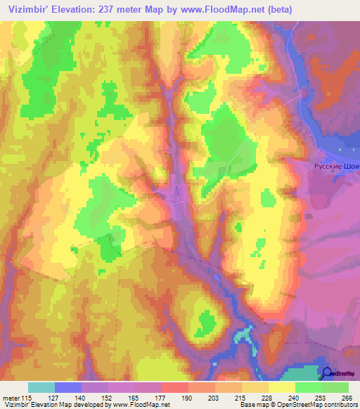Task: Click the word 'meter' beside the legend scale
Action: (x=11, y=397)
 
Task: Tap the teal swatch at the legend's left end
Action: (x=41, y=387)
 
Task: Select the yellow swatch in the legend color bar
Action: (x=282, y=387)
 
